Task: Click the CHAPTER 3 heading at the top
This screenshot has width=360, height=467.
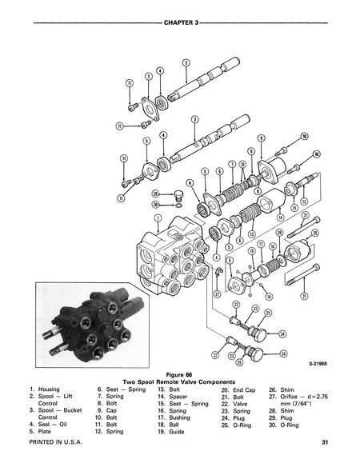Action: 180,12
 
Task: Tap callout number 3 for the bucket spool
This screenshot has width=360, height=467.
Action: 186,62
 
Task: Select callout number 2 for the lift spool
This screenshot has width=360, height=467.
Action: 194,120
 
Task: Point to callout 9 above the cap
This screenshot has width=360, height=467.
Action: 262,138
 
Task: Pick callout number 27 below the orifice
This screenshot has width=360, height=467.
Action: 216,294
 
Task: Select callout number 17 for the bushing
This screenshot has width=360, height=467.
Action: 261,244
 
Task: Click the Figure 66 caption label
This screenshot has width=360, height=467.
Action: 180,374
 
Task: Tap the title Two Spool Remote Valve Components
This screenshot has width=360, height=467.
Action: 180,381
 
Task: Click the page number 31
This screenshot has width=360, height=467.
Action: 326,442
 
